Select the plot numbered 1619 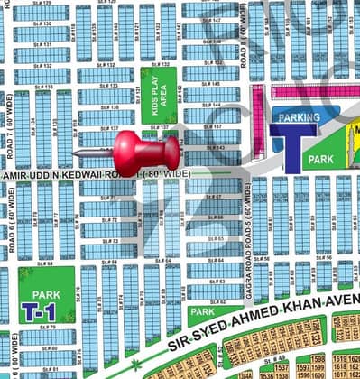point(340,358)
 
